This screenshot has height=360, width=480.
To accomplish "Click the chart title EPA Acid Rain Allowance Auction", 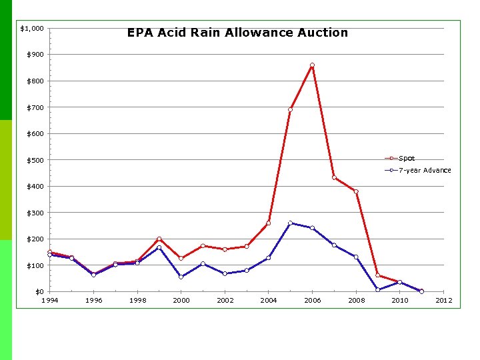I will tap(237, 33).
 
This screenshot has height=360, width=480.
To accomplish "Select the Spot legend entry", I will tap(406, 159).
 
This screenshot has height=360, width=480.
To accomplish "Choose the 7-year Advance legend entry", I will tap(424, 170).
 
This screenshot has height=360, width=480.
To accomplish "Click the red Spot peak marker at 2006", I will tap(312, 65).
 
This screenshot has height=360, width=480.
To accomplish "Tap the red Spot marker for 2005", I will tap(290, 110).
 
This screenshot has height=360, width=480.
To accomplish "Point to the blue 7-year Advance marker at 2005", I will tap(290, 223).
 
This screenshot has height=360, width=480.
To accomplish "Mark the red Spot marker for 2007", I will tap(334, 177).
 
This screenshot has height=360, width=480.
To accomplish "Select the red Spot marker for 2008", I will tap(356, 192).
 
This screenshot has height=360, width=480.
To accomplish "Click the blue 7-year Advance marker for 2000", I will tap(181, 277).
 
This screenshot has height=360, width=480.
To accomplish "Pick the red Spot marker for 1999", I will tap(159, 239).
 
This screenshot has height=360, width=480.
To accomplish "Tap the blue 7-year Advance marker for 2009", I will tap(378, 289).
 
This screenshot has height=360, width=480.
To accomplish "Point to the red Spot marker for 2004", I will tap(268, 223).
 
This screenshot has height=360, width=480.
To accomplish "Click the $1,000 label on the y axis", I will tap(32, 29).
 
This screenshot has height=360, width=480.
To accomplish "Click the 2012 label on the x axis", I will tap(443, 301).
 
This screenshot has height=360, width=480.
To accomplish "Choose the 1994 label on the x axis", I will tap(49, 301).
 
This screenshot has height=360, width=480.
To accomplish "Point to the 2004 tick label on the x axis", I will tap(268, 301).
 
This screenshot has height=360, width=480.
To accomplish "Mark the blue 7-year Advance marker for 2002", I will tap(225, 273).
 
